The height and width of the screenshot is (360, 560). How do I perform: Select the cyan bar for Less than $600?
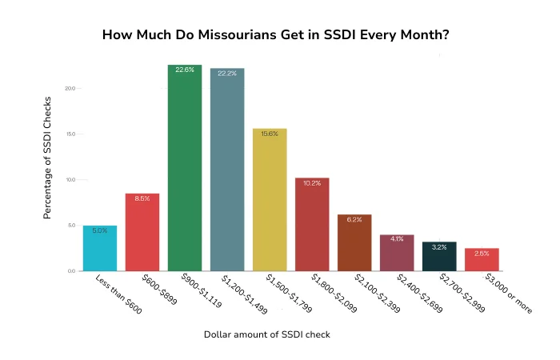pos(100,249)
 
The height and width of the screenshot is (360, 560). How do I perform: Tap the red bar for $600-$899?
pos(142,233)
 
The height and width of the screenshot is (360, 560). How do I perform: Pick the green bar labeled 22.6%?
pos(185,169)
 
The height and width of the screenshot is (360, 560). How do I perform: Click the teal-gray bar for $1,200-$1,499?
pos(227,170)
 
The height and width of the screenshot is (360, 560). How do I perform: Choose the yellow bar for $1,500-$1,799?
pos(270,200)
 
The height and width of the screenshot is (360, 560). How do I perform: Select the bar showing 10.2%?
pos(312,225)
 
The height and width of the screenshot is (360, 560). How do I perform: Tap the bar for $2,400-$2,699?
pos(397,253)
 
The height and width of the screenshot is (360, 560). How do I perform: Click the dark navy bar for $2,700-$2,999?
pos(439,257)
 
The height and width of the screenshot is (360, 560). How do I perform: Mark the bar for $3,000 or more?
pos(482,260)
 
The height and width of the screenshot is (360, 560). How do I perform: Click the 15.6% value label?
pos(270,134)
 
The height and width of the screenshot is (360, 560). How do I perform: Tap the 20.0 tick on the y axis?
pos(70,88)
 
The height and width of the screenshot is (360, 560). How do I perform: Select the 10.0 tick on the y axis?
pos(70,180)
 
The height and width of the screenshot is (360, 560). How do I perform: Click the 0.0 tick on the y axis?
pos(72,272)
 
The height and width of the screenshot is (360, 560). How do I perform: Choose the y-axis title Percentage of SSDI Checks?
pos(48,158)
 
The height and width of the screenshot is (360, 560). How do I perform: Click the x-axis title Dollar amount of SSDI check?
pos(266,334)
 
